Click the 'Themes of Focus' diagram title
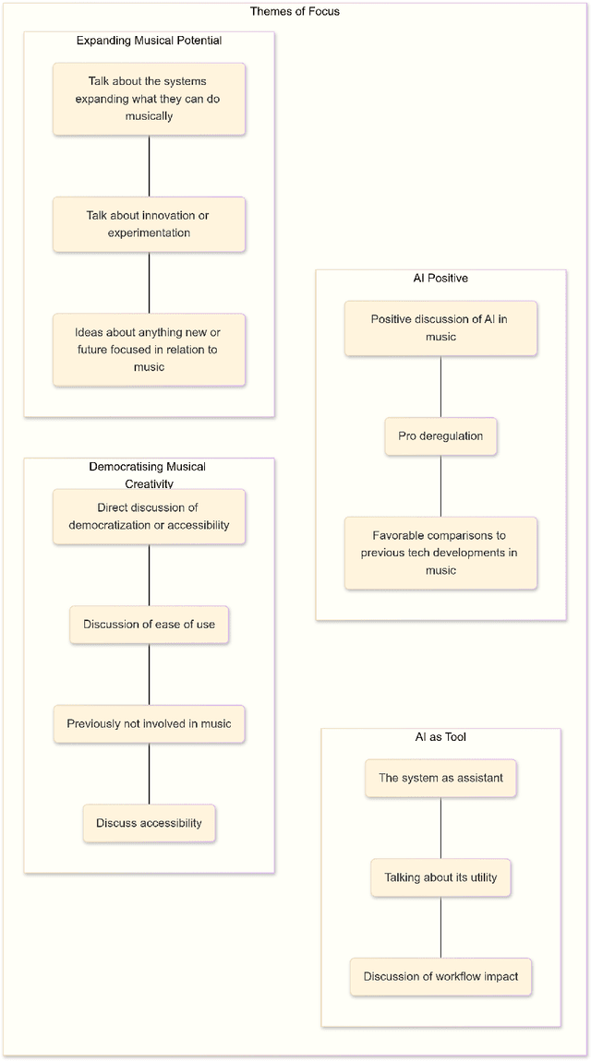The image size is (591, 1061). [x=295, y=11]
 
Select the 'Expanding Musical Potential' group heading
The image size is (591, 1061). [x=149, y=41]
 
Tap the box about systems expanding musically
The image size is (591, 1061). [x=149, y=99]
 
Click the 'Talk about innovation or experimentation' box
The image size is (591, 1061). [x=149, y=224]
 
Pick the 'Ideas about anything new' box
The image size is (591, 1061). [x=149, y=350]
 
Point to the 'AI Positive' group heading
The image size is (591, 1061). [x=440, y=278]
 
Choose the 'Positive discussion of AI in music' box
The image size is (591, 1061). [x=440, y=328]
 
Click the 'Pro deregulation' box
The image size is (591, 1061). [x=440, y=436]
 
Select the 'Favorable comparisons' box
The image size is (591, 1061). [x=440, y=553]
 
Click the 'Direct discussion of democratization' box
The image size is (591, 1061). [x=149, y=517]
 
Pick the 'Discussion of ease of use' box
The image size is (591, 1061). [x=149, y=625]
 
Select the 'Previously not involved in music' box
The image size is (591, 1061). [x=149, y=724]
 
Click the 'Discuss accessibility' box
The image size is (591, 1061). [x=149, y=823]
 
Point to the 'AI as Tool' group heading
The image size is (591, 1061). [x=440, y=737]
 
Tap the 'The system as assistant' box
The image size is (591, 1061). [x=440, y=778]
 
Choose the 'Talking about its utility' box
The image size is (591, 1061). [x=440, y=877]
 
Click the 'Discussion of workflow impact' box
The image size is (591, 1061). [x=440, y=977]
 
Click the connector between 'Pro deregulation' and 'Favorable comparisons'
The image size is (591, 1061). [x=440, y=486]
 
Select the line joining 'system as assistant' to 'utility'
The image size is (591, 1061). [x=440, y=828]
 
